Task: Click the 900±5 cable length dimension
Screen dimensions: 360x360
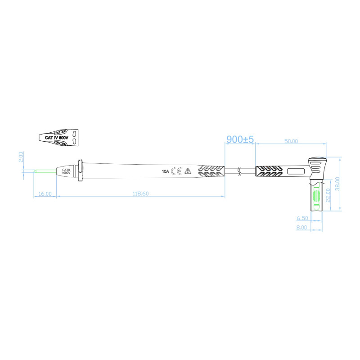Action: point(240,139)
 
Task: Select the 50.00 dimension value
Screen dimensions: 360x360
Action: point(291,141)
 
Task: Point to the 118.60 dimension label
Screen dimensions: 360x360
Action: point(140,193)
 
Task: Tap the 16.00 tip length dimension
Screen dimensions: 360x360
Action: point(45,193)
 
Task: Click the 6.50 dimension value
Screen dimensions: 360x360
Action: point(301,218)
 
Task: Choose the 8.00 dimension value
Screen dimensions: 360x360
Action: point(301,227)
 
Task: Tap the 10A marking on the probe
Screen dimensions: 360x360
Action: point(166,171)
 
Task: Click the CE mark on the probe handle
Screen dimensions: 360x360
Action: point(176,171)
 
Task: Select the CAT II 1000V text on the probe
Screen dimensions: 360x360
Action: point(66,171)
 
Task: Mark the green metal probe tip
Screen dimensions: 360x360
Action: point(45,171)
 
